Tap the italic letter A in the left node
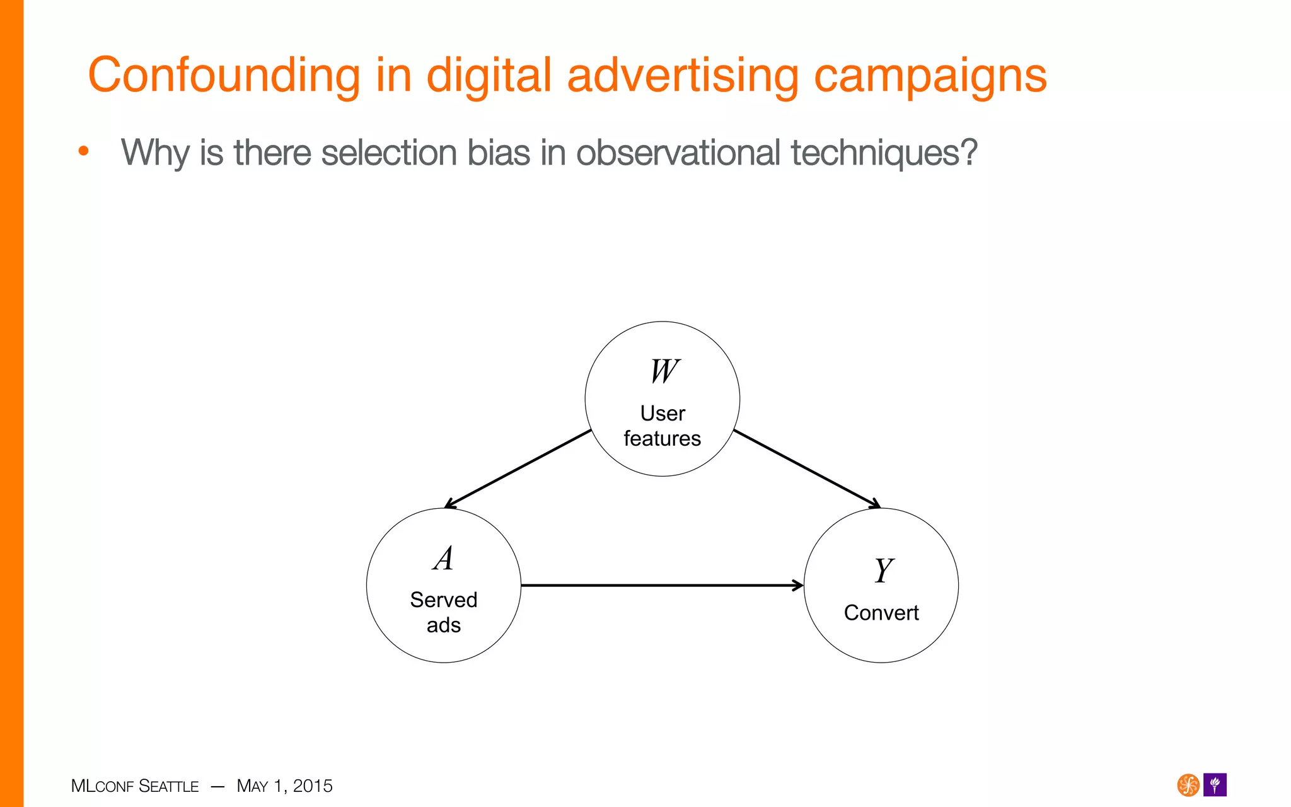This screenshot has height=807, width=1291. [x=444, y=558]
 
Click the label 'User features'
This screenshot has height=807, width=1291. [x=663, y=426]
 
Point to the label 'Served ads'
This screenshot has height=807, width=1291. [x=444, y=612]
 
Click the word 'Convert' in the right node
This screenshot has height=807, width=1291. [x=881, y=613]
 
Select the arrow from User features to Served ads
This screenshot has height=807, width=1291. [x=518, y=468]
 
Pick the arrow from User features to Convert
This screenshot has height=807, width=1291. [x=807, y=468]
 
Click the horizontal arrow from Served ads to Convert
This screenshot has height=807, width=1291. [x=662, y=586]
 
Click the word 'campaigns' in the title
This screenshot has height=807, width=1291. [x=930, y=76]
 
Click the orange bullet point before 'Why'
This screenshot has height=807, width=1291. [x=83, y=151]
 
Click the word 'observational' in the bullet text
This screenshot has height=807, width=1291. [x=678, y=153]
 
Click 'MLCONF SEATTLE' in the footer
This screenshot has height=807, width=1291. [x=135, y=786]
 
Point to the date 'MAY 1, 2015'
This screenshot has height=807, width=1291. [x=284, y=786]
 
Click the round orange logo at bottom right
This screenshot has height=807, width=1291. [x=1188, y=785]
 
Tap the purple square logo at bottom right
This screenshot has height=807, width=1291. [x=1215, y=785]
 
